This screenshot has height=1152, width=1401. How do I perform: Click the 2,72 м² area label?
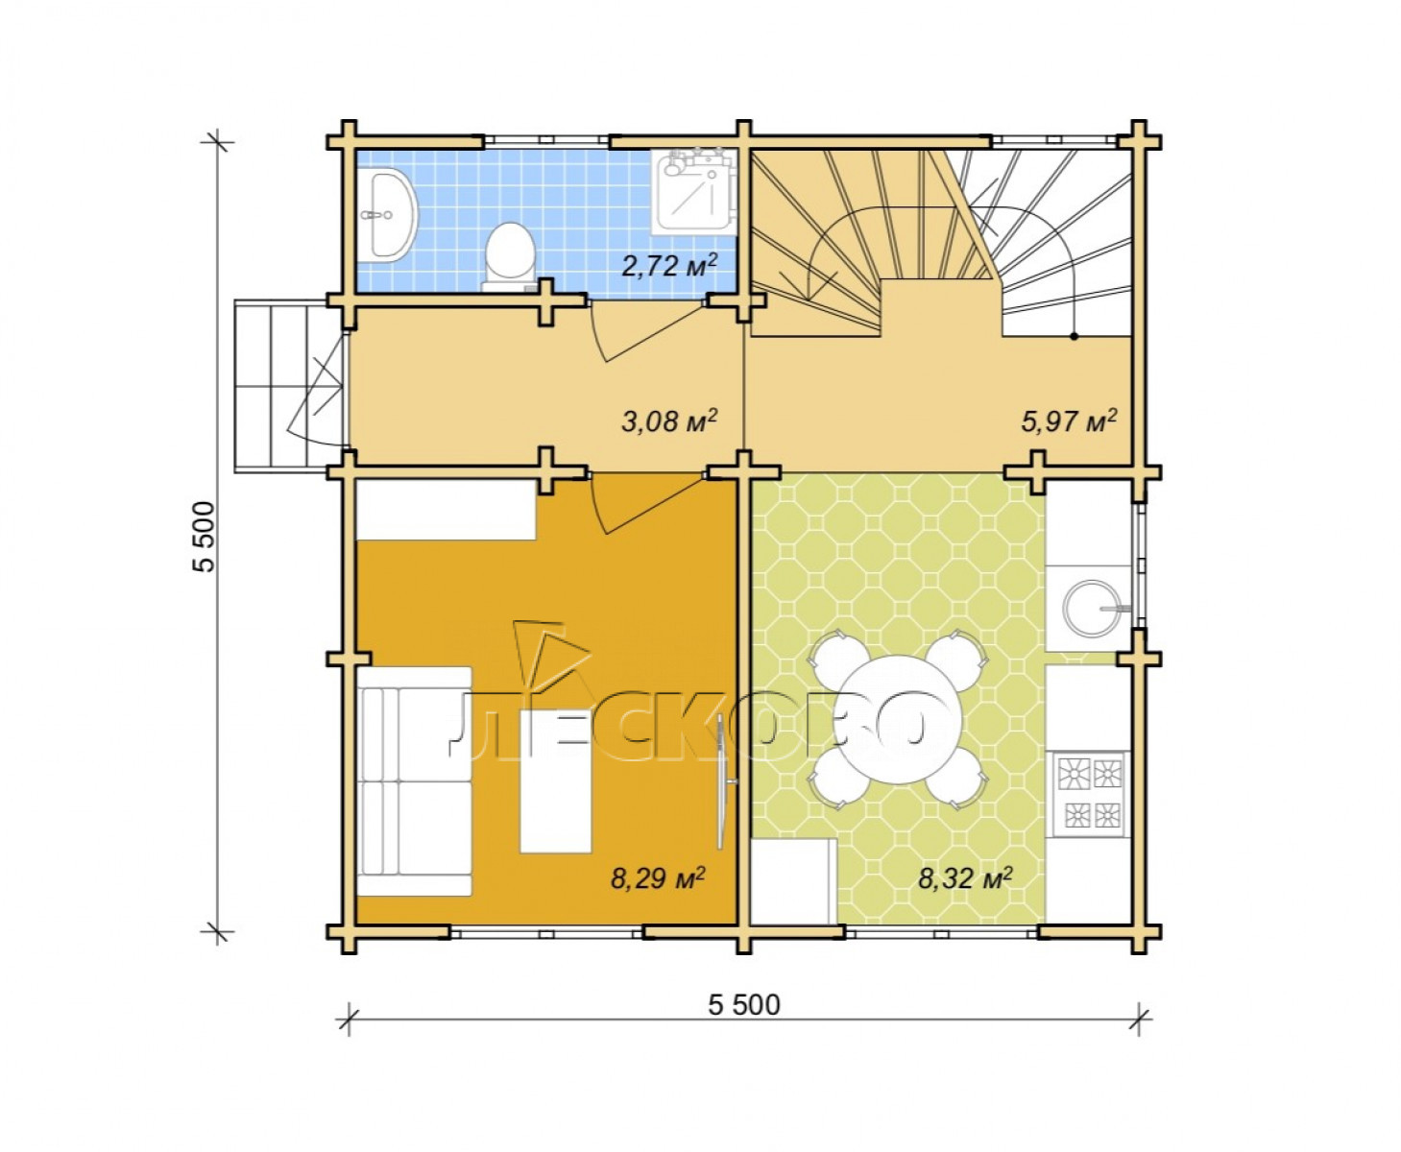pyautogui.click(x=669, y=266)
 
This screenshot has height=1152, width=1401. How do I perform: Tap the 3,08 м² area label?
pyautogui.click(x=669, y=421)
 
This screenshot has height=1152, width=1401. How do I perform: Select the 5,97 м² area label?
pyautogui.click(x=1068, y=421)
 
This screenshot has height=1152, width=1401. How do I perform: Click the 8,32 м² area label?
pyautogui.click(x=965, y=879)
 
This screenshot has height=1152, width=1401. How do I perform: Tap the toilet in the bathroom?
pyautogui.click(x=510, y=257)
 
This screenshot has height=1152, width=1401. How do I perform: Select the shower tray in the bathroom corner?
pyautogui.click(x=693, y=193)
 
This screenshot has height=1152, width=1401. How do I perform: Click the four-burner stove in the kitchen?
pyautogui.click(x=1089, y=793)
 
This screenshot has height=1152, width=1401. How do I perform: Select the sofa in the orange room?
pyautogui.click(x=415, y=781)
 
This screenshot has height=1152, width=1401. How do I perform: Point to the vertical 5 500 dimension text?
pyautogui.click(x=204, y=537)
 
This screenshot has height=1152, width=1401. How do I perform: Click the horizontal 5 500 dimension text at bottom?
pyautogui.click(x=744, y=1005)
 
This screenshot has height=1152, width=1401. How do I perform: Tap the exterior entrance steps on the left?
pyautogui.click(x=288, y=386)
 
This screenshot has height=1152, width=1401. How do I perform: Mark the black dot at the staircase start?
pyautogui.click(x=1075, y=337)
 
